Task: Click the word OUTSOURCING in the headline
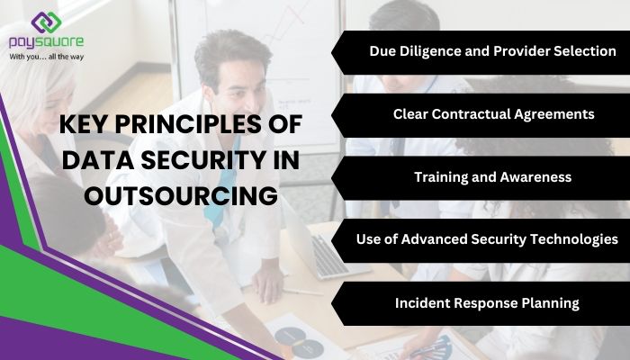pyautogui.click(x=167, y=194)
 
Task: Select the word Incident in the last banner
pyautogui.click(x=425, y=302)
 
